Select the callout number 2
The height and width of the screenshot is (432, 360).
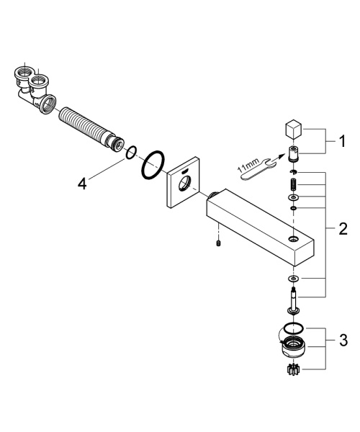[343, 230]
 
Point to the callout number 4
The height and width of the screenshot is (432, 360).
[84, 184]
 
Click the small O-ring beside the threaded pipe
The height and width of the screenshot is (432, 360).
[130, 153]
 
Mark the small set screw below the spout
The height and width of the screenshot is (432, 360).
[218, 246]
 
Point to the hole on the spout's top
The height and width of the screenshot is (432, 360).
[293, 237]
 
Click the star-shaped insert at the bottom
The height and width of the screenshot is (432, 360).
[294, 372]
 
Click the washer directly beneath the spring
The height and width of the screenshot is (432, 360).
[294, 197]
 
